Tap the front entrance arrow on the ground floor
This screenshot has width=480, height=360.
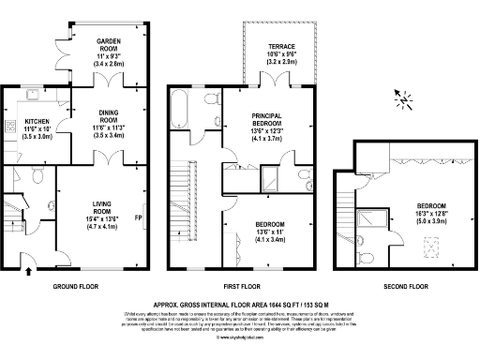pyautogui.click(x=27, y=271)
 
